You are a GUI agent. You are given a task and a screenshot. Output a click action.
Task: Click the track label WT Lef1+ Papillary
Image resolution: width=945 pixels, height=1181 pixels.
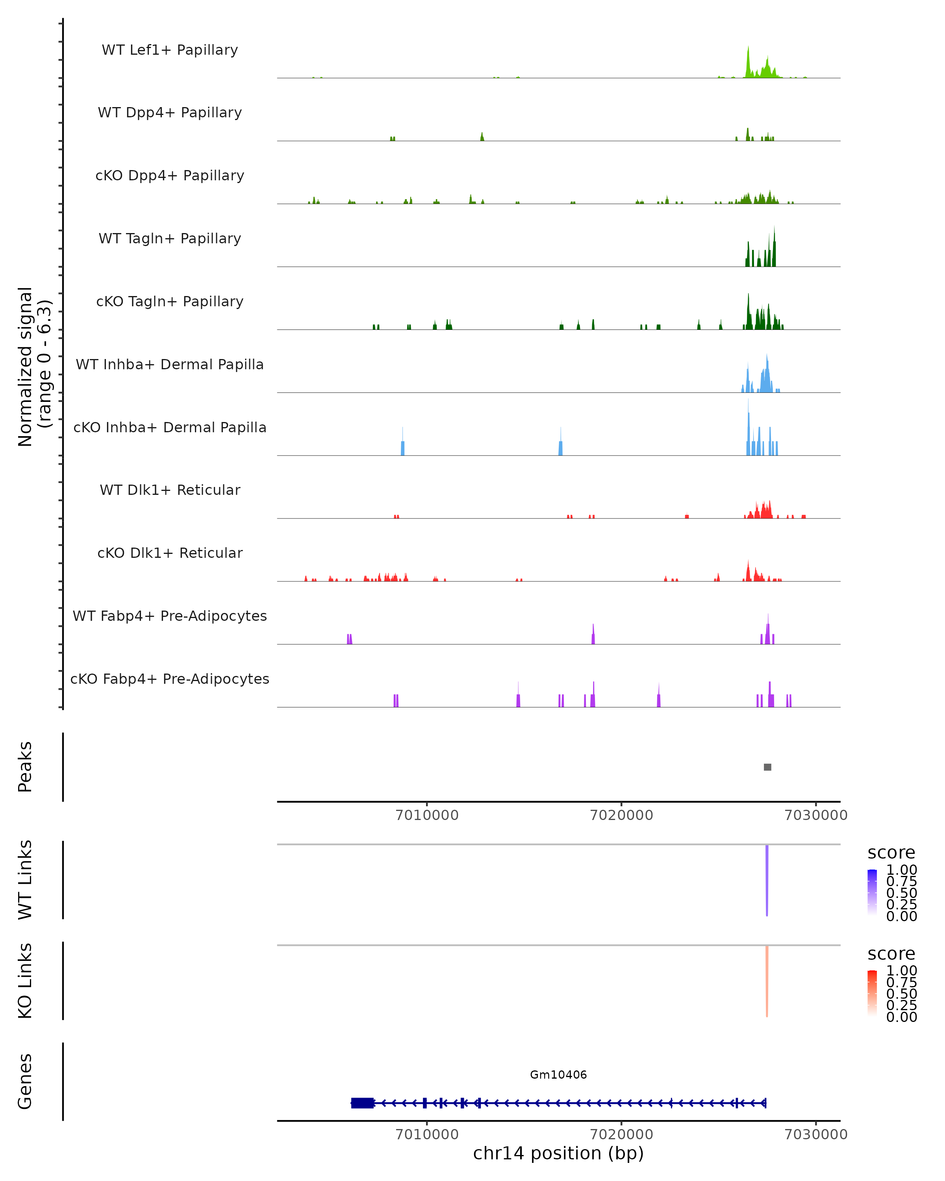(x=170, y=50)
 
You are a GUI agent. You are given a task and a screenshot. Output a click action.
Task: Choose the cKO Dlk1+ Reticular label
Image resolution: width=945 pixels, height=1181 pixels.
(x=170, y=553)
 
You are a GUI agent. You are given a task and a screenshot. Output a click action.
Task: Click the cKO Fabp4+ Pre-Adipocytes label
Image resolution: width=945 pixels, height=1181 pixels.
(x=170, y=679)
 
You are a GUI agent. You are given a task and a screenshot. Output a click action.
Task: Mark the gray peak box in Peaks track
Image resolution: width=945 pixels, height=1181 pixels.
(x=767, y=767)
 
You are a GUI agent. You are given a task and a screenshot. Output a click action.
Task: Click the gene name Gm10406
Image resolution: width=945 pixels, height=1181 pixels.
(x=558, y=1075)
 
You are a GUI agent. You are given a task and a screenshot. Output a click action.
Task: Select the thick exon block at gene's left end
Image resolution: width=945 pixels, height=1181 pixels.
(x=362, y=1103)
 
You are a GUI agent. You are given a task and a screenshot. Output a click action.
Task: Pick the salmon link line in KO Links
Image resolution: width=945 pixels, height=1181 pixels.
(x=767, y=981)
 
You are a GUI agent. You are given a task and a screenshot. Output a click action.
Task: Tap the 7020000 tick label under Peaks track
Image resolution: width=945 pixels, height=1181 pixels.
(x=621, y=815)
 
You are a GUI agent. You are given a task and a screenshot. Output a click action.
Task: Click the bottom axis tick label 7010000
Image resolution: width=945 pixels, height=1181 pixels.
(x=427, y=1135)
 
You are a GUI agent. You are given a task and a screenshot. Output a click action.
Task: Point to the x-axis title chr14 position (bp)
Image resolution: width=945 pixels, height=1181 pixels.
(x=558, y=1153)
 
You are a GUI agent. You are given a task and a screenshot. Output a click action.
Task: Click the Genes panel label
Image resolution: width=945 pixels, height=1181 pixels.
(x=25, y=1081)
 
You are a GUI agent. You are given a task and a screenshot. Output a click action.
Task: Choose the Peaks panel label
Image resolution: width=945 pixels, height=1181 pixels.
(x=25, y=767)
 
